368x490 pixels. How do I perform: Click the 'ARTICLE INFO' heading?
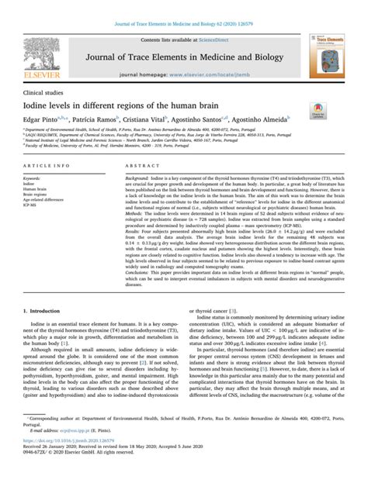pos(49,167)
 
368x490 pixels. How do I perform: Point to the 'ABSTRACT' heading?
pos(142,167)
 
